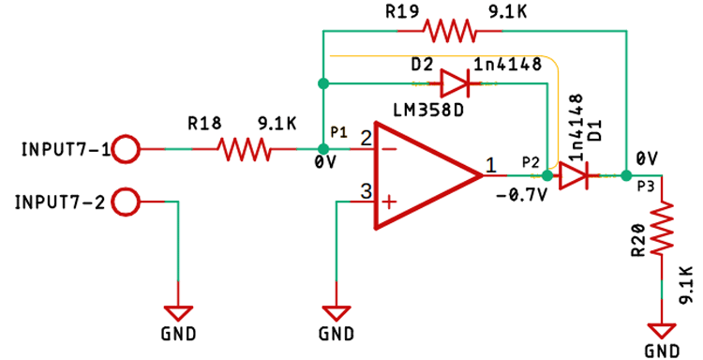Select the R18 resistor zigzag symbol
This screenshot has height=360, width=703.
click(x=244, y=148)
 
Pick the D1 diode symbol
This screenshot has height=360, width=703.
click(x=573, y=174)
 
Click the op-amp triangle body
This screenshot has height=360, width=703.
click(x=422, y=174)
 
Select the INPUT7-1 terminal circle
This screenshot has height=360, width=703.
click(x=127, y=148)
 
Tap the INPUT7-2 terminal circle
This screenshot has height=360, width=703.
click(x=127, y=201)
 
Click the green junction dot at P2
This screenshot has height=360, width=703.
click(x=547, y=174)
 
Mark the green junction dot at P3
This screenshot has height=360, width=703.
click(x=625, y=174)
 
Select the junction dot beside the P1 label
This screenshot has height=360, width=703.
click(x=322, y=148)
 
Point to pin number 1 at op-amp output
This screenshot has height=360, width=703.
click(x=491, y=166)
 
